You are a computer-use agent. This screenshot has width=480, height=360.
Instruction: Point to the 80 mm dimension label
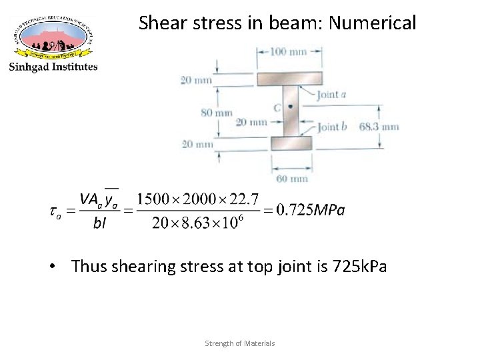click(x=217, y=113)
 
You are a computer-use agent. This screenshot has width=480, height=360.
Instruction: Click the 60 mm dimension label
click(x=291, y=179)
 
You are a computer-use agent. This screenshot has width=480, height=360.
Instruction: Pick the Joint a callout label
click(x=331, y=95)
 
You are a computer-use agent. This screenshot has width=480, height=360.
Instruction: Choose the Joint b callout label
click(x=332, y=127)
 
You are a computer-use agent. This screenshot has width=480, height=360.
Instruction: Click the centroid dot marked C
click(x=290, y=107)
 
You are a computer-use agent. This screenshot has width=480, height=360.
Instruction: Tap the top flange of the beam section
click(x=290, y=79)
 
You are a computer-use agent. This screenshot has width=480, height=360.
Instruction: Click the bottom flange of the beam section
click(x=291, y=143)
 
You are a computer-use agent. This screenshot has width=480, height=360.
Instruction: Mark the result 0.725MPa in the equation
click(x=311, y=211)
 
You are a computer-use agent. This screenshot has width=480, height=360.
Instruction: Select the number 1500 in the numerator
click(x=151, y=199)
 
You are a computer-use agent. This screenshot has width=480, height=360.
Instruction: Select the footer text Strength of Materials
click(x=240, y=343)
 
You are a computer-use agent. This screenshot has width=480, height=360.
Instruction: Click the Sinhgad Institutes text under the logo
click(x=53, y=66)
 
